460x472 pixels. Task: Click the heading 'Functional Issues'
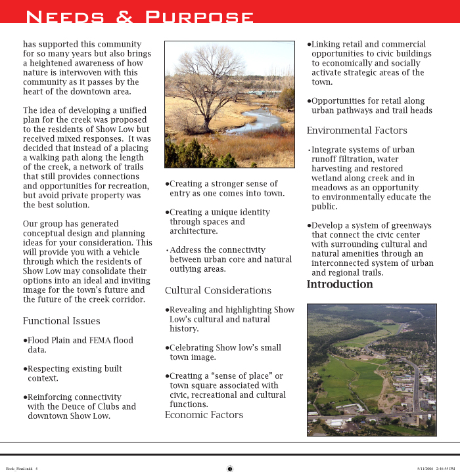(x=61, y=321)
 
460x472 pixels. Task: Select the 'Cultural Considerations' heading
(x=218, y=290)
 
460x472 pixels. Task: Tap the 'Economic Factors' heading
(x=204, y=415)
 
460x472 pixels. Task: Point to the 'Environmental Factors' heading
(x=357, y=130)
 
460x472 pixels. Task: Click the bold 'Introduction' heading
(x=340, y=284)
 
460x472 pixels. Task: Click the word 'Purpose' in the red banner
(x=198, y=16)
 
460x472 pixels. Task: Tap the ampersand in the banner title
(x=124, y=17)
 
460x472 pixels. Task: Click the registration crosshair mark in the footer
(x=230, y=468)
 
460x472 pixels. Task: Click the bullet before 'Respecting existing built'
(x=25, y=369)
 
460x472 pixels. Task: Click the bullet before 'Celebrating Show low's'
(x=167, y=348)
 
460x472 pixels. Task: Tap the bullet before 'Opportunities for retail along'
(x=309, y=101)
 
